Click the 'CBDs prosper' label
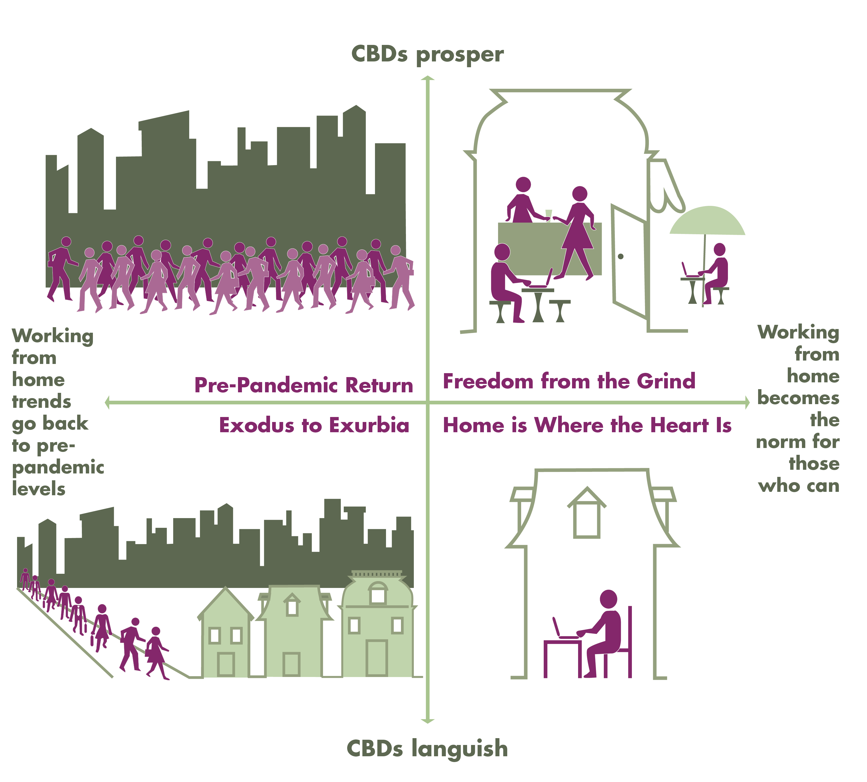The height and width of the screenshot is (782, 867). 427,55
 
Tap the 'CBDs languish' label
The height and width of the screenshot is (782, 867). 427,748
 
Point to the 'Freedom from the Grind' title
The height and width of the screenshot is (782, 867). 569,381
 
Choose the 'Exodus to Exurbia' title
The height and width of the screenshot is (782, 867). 314,425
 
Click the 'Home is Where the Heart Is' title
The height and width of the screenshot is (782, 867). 587,425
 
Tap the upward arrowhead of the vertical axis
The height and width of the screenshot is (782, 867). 428,78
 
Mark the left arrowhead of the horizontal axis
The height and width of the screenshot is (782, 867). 107,403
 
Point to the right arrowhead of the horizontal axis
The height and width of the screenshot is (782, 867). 747,403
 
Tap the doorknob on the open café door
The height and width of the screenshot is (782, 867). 621,257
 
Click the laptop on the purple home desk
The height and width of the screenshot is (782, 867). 563,631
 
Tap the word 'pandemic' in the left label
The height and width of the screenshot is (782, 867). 58,467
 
